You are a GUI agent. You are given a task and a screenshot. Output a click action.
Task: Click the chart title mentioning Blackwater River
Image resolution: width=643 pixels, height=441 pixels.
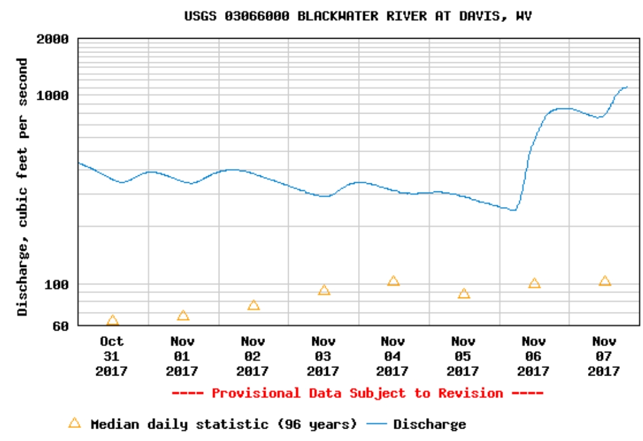pyautogui.click(x=358, y=16)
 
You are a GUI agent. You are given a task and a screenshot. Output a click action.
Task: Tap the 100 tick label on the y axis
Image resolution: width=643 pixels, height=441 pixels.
pyautogui.click(x=57, y=284)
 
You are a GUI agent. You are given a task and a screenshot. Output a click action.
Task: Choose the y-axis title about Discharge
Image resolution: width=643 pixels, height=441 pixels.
pyautogui.click(x=22, y=187)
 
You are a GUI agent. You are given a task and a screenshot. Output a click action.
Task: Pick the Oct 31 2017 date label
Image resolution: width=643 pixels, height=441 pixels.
pyautogui.click(x=112, y=356)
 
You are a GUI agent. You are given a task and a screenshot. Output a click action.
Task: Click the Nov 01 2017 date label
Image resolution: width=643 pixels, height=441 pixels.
pyautogui.click(x=182, y=356)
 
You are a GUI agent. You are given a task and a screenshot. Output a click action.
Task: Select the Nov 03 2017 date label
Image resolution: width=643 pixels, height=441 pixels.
pyautogui.click(x=324, y=356)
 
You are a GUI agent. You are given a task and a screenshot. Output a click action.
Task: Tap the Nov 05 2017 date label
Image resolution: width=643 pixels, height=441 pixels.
pyautogui.click(x=464, y=356)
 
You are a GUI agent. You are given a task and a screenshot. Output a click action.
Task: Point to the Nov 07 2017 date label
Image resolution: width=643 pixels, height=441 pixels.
pyautogui.click(x=604, y=356)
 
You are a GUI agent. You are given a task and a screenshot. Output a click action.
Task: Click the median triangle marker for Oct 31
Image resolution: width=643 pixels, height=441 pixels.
pyautogui.click(x=112, y=321)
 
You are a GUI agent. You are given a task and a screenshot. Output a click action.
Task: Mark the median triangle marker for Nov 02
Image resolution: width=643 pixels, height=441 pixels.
pyautogui.click(x=253, y=305)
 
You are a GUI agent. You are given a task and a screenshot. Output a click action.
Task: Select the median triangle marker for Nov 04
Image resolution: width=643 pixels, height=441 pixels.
pyautogui.click(x=393, y=281)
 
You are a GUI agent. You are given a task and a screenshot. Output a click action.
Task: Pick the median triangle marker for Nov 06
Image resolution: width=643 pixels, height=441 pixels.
pyautogui.click(x=534, y=283)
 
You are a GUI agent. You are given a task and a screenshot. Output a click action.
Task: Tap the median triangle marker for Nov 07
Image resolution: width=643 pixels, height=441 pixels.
pyautogui.click(x=604, y=281)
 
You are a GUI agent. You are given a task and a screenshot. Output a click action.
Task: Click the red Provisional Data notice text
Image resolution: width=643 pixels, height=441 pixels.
pyautogui.click(x=357, y=393)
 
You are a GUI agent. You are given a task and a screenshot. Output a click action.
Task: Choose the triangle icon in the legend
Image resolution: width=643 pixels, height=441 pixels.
pyautogui.click(x=74, y=423)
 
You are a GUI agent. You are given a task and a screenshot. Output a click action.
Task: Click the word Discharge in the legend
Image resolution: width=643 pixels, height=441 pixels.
pyautogui.click(x=429, y=425)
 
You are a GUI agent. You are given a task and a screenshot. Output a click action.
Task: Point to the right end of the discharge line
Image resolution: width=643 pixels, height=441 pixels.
pyautogui.click(x=627, y=87)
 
